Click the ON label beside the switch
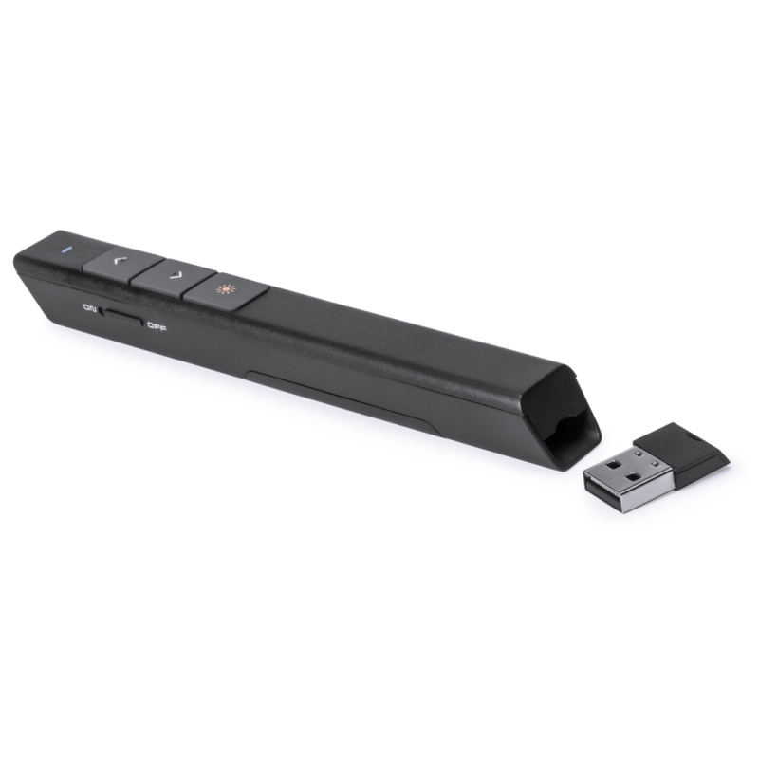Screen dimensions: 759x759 pos(90,308)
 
